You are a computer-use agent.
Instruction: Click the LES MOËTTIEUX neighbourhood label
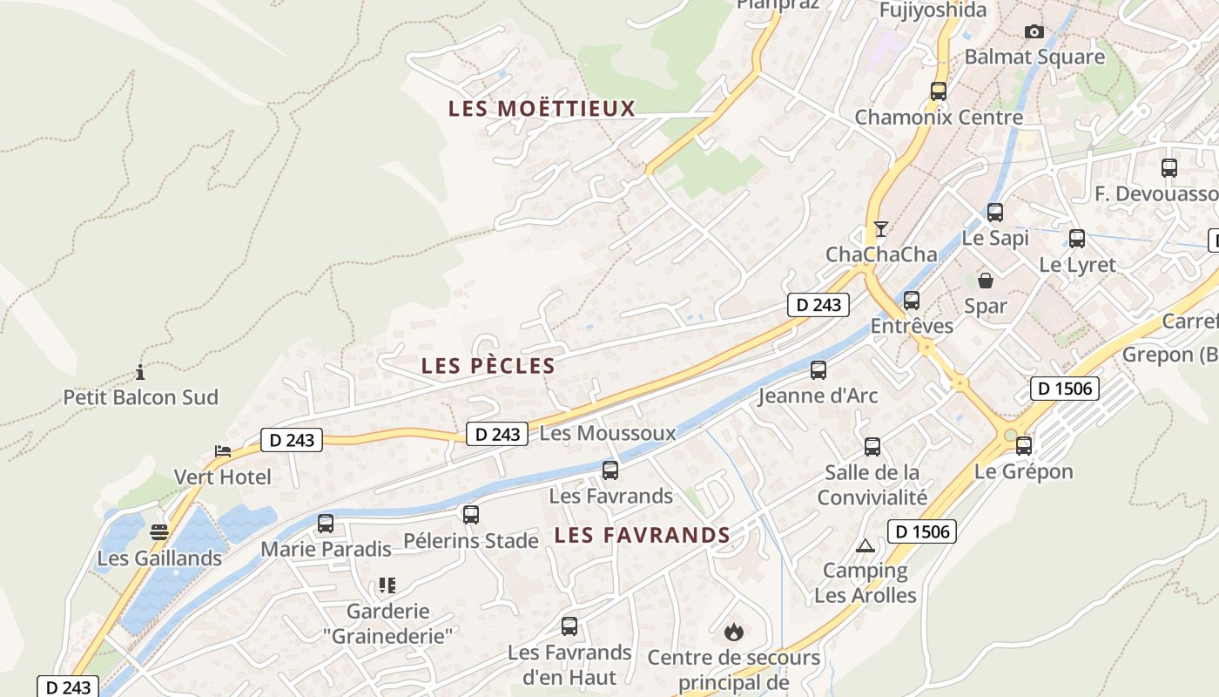point(542,109)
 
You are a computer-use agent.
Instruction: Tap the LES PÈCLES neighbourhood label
point(488,366)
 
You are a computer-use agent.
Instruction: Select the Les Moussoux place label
point(608,433)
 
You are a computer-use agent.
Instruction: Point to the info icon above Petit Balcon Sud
point(140,373)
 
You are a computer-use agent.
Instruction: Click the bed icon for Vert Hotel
point(223,451)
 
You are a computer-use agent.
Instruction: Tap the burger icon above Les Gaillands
point(158,531)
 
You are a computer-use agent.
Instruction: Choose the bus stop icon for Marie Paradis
point(326,524)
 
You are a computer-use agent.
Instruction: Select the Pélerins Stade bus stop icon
point(471,515)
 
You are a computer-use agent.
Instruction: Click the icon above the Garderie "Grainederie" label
point(387,585)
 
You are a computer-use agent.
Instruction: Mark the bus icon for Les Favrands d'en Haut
point(569,626)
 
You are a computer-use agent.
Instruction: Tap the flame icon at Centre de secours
point(734,631)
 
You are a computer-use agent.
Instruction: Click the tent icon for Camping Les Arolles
point(865,546)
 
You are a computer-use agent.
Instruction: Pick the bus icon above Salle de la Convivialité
point(872,447)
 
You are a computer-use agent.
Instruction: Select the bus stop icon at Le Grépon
point(1024,446)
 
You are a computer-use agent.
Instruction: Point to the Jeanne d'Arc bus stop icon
point(818,370)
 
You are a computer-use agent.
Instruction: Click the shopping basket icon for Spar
point(986,281)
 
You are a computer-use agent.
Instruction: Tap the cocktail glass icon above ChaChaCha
point(881,229)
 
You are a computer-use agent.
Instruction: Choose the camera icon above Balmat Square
point(1034,32)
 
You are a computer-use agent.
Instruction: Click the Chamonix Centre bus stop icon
point(939,91)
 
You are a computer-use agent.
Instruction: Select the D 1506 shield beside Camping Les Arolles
point(922,531)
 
